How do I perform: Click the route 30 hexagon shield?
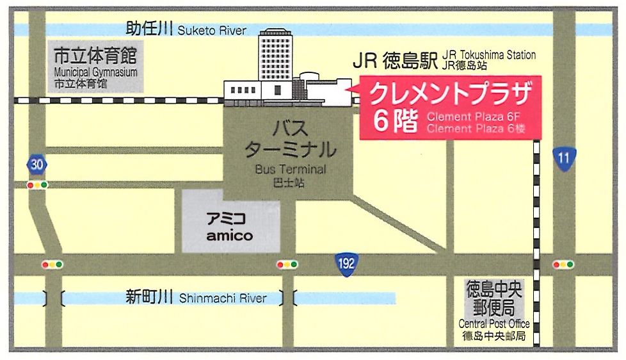[37, 165]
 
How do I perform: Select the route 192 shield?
[346, 262]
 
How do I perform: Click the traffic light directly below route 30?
[37, 185]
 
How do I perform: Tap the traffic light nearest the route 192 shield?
[287, 264]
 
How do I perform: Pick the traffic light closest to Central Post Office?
[564, 264]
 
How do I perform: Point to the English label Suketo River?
[212, 31]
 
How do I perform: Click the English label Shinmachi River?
[223, 298]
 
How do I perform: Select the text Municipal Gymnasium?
[95, 72]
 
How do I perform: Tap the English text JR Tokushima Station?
[488, 55]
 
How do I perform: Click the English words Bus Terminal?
[290, 170]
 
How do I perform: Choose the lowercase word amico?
[229, 236]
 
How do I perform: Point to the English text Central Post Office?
[494, 324]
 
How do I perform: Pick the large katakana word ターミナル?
[291, 151]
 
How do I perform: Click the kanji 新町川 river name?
[150, 297]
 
